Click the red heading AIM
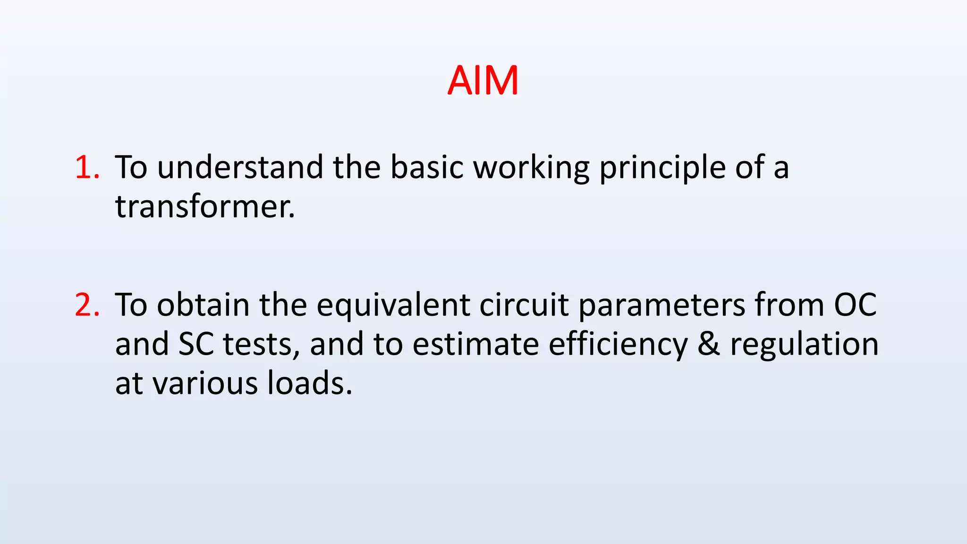pos(483,81)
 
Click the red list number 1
pos(87,167)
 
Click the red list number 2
pos(87,305)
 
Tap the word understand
pos(240,167)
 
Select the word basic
pos(427,167)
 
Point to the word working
pos(531,168)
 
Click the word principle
pos(662,168)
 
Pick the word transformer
pos(204,207)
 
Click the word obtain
pos(203,305)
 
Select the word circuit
pos(524,305)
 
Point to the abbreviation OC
pos(855,305)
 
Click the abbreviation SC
pos(196,344)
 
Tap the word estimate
pos(475,344)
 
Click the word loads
pos(309,383)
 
